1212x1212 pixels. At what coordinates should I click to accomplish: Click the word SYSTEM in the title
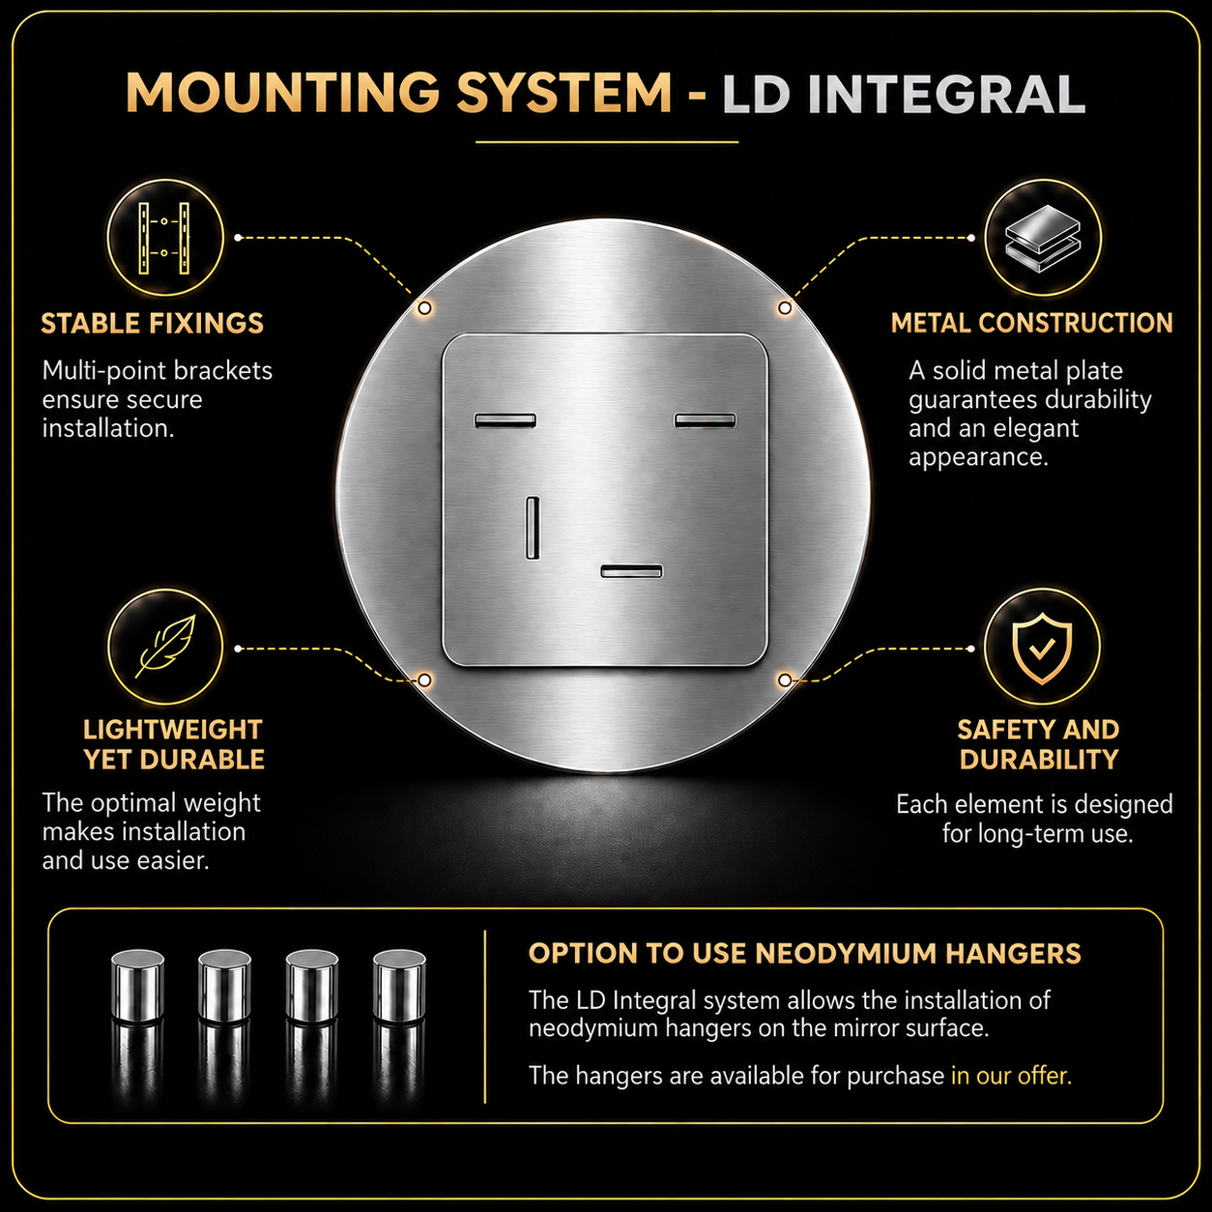click(x=563, y=93)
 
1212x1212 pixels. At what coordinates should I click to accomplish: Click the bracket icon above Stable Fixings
click(x=164, y=238)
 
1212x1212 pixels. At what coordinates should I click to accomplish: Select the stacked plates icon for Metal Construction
click(x=1042, y=238)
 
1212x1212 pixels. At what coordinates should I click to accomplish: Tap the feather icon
click(x=164, y=647)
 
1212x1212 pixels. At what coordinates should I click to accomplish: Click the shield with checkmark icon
click(x=1042, y=648)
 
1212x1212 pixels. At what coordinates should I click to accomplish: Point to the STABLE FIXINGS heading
click(x=152, y=323)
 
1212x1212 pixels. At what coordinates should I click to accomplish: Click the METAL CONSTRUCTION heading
click(x=1031, y=323)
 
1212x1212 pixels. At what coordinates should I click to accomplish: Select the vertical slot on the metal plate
click(x=533, y=527)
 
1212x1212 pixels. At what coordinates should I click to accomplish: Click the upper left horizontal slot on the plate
click(x=505, y=419)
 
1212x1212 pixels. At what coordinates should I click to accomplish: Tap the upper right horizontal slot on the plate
click(x=705, y=419)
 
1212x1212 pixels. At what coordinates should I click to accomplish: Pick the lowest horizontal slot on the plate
click(x=631, y=570)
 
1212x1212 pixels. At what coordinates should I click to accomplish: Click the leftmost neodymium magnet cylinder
click(x=137, y=984)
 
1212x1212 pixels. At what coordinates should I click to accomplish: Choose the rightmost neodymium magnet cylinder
click(x=399, y=984)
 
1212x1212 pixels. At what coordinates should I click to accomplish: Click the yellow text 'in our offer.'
click(x=1011, y=1076)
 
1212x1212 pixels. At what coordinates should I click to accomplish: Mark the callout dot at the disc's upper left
click(x=424, y=307)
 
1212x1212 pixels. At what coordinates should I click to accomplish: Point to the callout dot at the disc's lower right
click(x=784, y=679)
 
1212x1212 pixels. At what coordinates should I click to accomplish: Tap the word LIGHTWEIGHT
click(x=173, y=730)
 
